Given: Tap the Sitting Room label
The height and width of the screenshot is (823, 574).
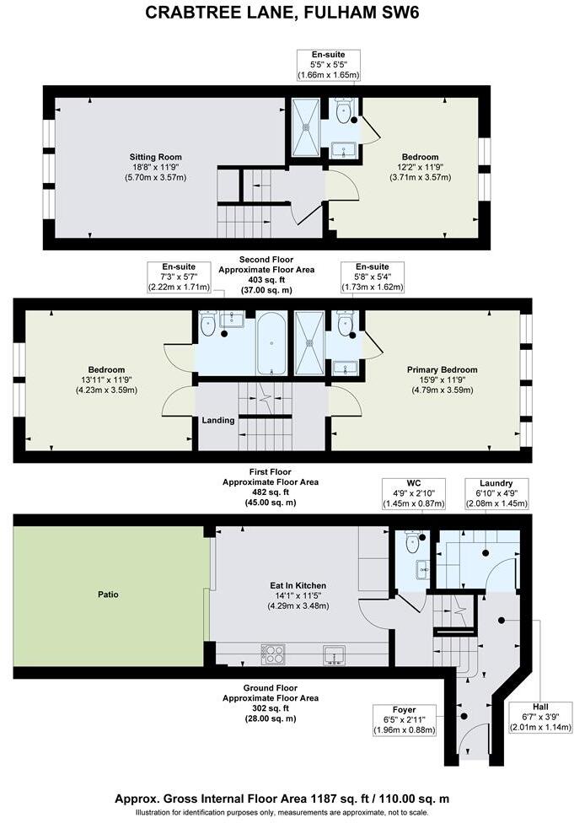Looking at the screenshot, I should tap(155, 157).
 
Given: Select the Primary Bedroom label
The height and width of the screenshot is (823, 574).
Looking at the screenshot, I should tap(442, 369).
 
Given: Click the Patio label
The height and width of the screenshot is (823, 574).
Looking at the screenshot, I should tap(108, 594).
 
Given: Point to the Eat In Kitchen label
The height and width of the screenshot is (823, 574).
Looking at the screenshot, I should tap(298, 584).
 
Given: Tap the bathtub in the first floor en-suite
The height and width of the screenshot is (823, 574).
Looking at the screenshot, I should tap(271, 343).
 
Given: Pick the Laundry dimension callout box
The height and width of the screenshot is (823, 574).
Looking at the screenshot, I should tap(497, 492).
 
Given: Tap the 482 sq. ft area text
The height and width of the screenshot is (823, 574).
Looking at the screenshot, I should tap(266, 492).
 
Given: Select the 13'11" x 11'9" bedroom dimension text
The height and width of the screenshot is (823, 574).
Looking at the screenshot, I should tap(107, 380).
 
